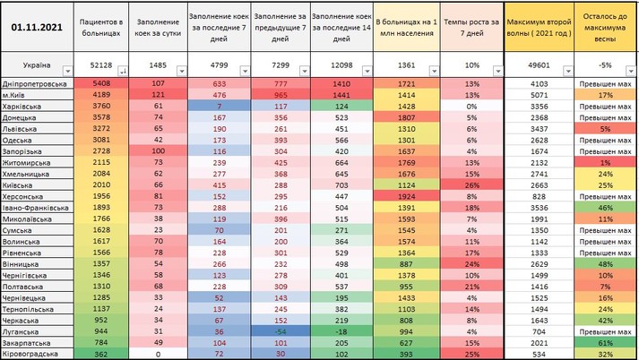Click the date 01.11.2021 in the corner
35,26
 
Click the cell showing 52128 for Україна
94,66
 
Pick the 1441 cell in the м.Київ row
344,94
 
